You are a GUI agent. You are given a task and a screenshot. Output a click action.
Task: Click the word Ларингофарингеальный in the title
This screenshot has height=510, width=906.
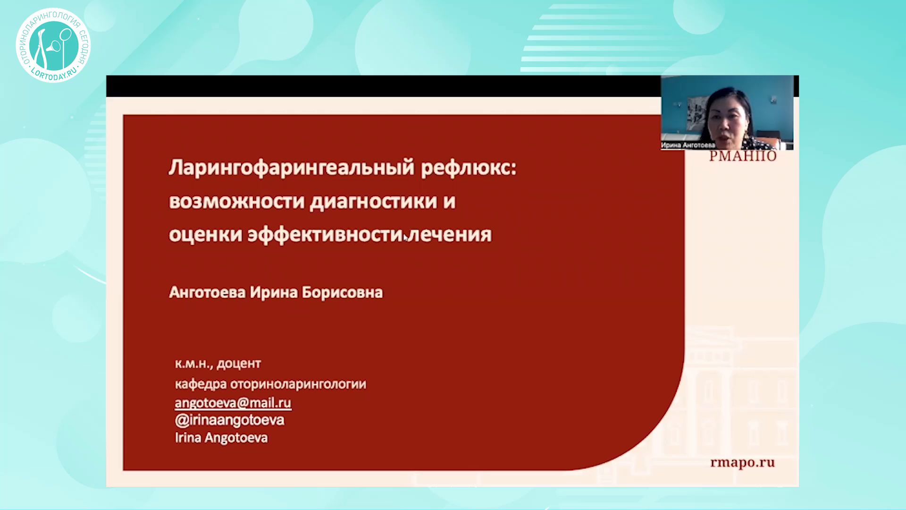pos(292,168)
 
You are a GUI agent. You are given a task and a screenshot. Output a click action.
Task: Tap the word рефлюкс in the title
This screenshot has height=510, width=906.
pos(469,168)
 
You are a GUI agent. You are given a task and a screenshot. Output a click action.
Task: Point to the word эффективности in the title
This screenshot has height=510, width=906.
pos(325,235)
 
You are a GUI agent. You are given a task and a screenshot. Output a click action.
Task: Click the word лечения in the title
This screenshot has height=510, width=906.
pos(450,235)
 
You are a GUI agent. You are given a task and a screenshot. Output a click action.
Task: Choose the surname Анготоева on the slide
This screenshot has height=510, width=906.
pos(207,293)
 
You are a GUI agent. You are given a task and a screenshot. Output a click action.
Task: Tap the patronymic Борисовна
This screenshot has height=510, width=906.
pos(342,293)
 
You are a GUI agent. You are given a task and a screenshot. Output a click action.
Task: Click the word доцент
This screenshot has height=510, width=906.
pos(239,364)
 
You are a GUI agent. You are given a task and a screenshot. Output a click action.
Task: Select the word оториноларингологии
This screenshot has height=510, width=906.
pos(298,384)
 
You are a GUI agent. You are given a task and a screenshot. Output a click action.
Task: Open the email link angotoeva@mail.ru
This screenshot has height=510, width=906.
pos(233,403)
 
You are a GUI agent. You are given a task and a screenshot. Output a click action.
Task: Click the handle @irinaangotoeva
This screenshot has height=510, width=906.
pos(229,420)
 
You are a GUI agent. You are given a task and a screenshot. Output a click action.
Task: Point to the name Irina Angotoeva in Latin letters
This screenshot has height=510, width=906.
pos(221,438)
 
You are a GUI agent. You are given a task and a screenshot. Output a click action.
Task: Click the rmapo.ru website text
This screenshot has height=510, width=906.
pos(742,463)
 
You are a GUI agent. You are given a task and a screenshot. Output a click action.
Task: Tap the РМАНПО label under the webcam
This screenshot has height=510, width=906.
pos(742,156)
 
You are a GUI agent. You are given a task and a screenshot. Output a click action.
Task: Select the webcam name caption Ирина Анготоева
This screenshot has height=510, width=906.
pos(688,145)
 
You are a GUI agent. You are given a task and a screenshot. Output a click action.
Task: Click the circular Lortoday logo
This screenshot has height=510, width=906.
pos(53,45)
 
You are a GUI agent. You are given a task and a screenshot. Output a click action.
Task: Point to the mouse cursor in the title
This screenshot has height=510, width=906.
pos(406,238)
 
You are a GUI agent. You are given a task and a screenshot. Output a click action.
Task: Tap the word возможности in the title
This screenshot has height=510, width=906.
pos(237,202)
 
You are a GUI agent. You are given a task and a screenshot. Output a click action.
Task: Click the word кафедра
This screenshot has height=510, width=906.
pos(201,384)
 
